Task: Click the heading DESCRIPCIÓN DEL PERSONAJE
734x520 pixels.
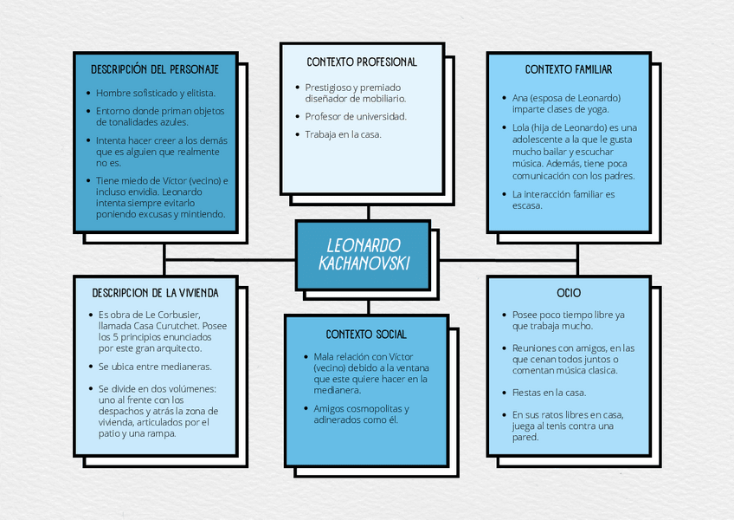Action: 155,68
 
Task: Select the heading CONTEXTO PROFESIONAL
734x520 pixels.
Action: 362,62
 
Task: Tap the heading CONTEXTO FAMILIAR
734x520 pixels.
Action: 569,69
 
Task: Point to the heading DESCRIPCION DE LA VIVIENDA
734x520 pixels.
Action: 155,293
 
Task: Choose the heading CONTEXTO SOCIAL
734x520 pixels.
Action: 366,334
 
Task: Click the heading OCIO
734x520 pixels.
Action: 569,293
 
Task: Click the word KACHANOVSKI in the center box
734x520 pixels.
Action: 364,263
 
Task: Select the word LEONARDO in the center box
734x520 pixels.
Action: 364,245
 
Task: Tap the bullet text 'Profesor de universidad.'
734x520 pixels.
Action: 356,115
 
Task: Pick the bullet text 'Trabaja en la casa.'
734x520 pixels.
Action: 343,134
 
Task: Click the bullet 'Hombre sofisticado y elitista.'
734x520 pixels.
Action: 156,93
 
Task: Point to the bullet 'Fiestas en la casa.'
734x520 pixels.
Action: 549,393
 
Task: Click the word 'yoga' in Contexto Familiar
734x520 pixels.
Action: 596,109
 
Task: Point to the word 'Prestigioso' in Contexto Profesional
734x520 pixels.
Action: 329,87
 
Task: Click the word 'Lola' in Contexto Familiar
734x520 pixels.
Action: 522,127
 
